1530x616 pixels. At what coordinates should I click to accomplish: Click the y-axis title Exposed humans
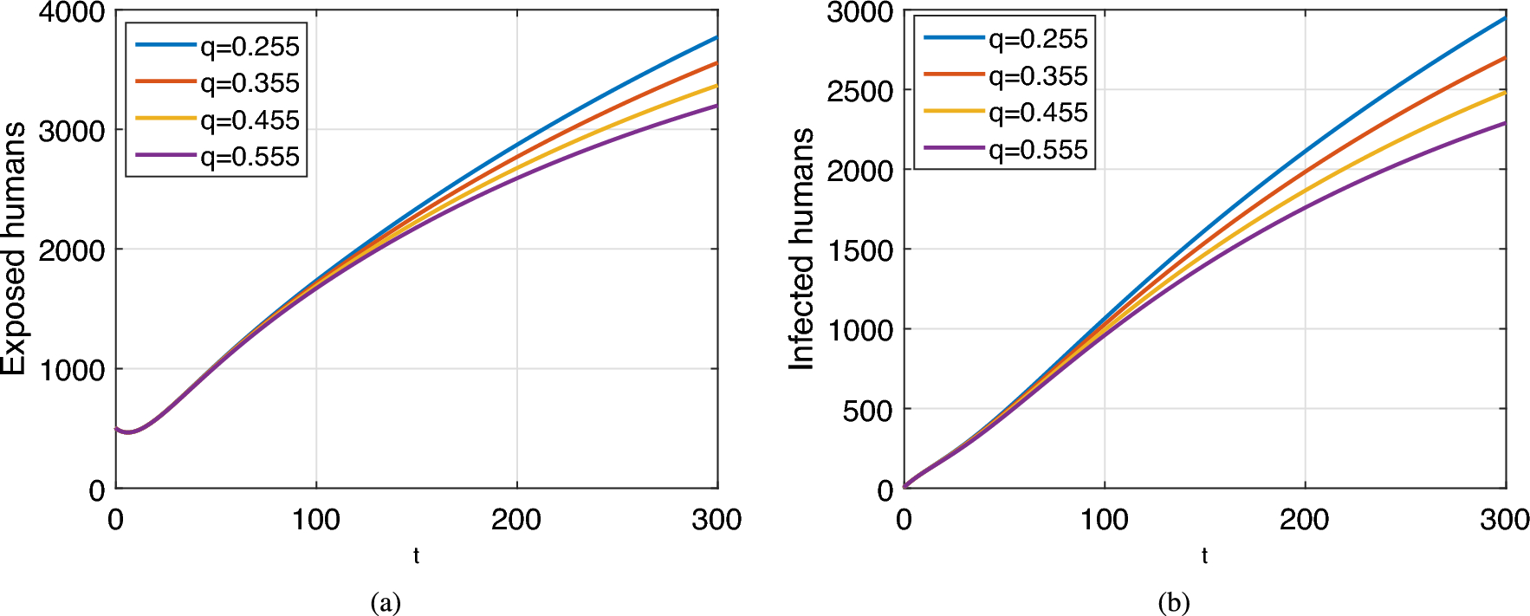coord(14,249)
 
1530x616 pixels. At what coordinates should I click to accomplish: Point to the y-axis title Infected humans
coord(802,250)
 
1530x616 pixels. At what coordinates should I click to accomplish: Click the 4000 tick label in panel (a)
coord(72,13)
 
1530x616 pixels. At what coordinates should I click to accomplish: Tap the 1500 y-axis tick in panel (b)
coord(860,250)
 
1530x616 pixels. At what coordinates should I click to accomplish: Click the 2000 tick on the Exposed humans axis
coord(72,250)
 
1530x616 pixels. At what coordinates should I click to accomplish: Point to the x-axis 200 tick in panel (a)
coord(516,520)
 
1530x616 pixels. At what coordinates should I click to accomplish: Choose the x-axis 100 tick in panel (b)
coord(1104,520)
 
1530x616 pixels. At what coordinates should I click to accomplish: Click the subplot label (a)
coord(386,602)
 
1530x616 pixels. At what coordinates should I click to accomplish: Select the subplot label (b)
coord(1174,602)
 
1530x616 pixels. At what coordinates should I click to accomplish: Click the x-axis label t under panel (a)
coord(417,556)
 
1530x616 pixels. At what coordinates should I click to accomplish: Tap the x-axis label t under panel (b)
coord(1204,556)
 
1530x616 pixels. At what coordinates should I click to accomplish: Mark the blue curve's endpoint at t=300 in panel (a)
coord(716,38)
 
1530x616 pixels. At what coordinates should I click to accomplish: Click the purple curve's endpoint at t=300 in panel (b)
coord(1505,123)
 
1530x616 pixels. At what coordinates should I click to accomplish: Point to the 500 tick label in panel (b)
coord(867,410)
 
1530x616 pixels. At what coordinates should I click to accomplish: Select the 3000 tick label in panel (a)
coord(72,131)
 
